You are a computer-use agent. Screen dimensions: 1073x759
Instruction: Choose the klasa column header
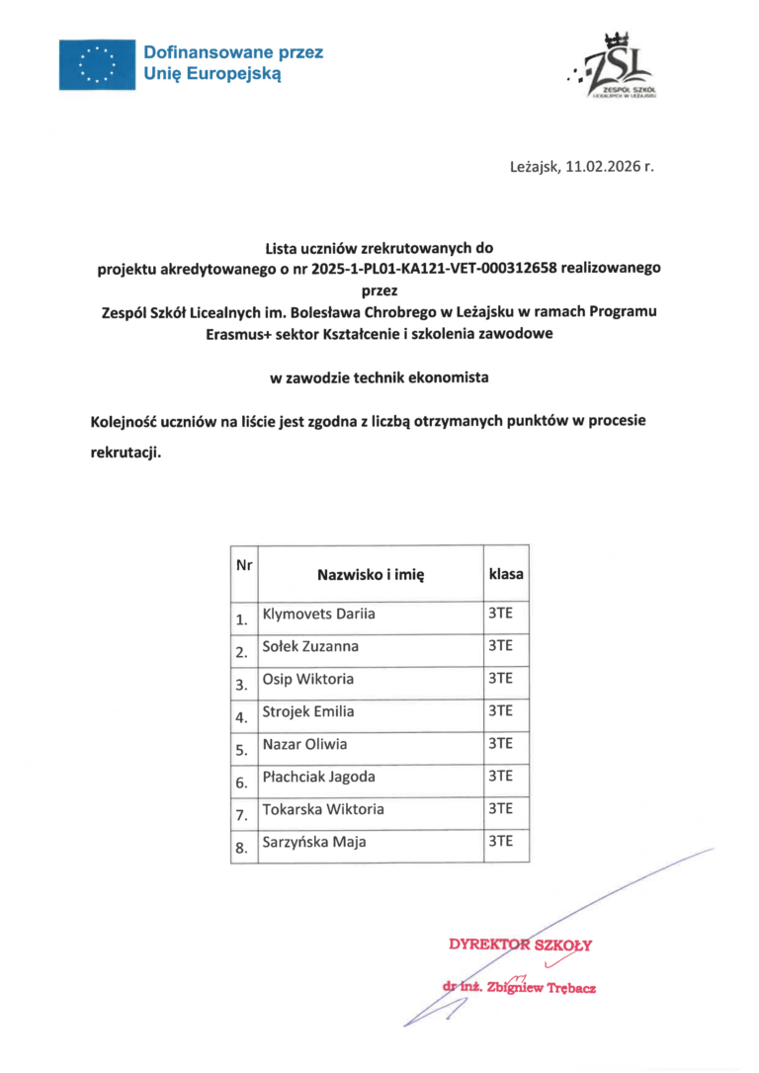(506, 573)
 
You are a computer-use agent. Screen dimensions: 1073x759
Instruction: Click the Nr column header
(243, 565)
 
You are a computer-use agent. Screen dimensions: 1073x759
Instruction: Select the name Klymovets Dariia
(318, 615)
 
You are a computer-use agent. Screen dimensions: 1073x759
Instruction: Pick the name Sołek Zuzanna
(310, 647)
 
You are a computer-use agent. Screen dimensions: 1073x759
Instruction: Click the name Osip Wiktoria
(307, 680)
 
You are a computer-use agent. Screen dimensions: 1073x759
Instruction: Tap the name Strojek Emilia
(307, 711)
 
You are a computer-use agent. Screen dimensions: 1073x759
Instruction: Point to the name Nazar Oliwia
(304, 744)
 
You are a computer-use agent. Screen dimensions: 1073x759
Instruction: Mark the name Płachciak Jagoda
(318, 777)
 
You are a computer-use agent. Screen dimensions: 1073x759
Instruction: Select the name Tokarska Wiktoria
(323, 809)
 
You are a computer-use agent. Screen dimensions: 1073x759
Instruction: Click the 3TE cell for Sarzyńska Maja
(500, 842)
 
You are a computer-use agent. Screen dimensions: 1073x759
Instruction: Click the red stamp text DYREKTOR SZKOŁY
(520, 945)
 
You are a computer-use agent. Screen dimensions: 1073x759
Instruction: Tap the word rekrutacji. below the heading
(125, 454)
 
